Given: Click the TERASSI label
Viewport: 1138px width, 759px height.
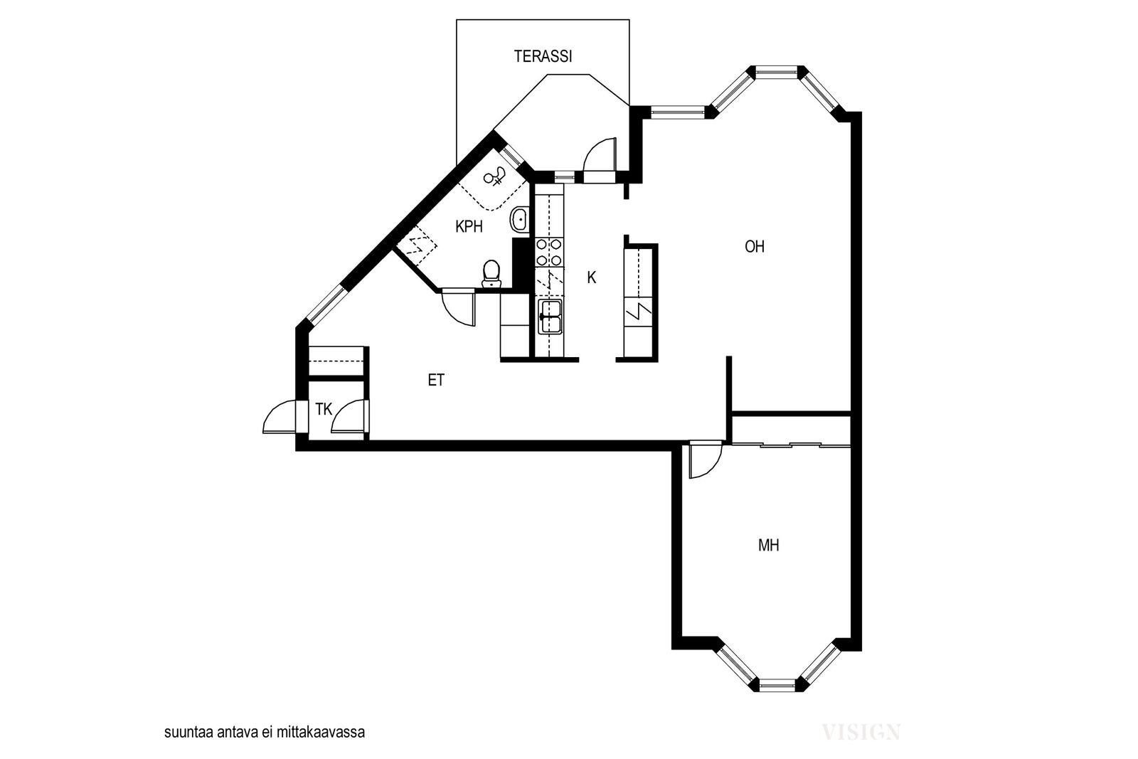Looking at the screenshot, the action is pyautogui.click(x=543, y=56).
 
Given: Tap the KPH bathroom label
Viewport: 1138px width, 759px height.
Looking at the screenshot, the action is pyautogui.click(x=469, y=227).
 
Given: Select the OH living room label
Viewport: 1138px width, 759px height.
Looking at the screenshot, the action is pyautogui.click(x=755, y=247).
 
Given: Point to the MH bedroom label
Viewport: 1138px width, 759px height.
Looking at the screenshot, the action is pyautogui.click(x=769, y=546).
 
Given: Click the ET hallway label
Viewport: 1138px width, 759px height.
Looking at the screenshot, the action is pyautogui.click(x=437, y=380).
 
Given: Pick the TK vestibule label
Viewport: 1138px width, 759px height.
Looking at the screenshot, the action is pyautogui.click(x=324, y=409).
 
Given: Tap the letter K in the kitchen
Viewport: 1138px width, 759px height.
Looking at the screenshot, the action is pyautogui.click(x=591, y=277).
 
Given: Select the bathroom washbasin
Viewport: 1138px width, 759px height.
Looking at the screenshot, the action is pyautogui.click(x=519, y=220).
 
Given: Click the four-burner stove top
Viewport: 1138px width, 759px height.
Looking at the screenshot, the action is pyautogui.click(x=549, y=253).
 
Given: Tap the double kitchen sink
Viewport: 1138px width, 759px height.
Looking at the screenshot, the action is pyautogui.click(x=551, y=317).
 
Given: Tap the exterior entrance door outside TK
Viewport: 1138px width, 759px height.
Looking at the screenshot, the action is pyautogui.click(x=278, y=417).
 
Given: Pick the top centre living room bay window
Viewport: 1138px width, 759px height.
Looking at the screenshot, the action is pyautogui.click(x=777, y=73).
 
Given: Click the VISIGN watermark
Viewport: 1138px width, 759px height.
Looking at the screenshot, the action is pyautogui.click(x=861, y=732).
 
